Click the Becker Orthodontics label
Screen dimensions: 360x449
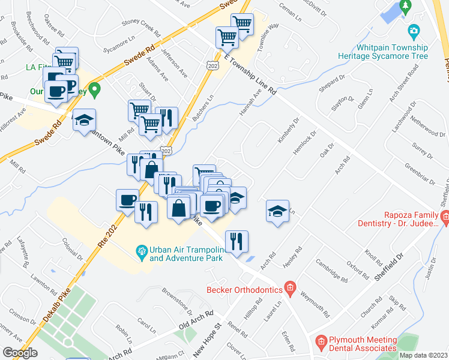pos(244,289)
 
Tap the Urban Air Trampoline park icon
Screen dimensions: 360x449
pos(142,250)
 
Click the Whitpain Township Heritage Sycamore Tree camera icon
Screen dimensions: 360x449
pos(413,31)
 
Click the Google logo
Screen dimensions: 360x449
pos(20,353)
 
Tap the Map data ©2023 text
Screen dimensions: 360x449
pos(424,355)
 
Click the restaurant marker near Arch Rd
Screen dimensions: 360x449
pos(237,241)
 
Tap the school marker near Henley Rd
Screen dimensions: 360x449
pos(277,211)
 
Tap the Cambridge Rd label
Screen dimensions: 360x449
pos(333,271)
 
